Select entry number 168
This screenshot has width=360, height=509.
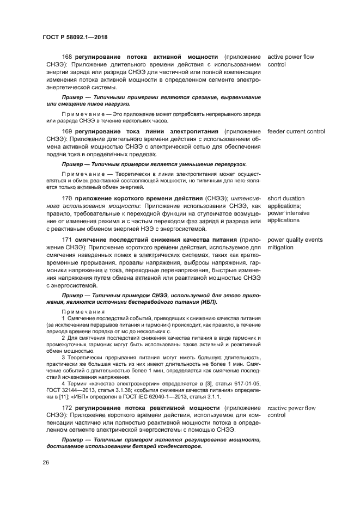coord(68,57)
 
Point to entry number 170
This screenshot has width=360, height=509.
coord(68,199)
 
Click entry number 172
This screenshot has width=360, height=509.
coord(68,408)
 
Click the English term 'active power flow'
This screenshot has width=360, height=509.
coord(290,57)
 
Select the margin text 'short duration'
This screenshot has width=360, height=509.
coord(286,199)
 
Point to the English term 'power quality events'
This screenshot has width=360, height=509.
coord(295,240)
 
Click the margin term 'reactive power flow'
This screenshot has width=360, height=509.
coord(291,408)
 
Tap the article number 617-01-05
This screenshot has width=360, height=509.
coord(245,383)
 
